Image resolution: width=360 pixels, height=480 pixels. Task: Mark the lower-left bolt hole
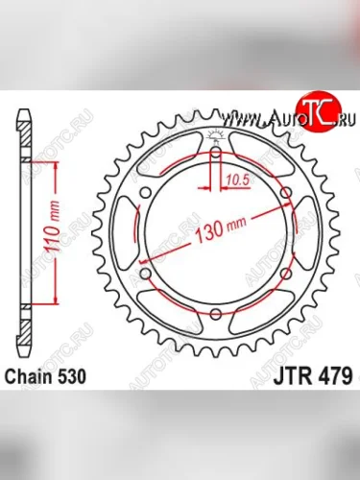coord(143,275)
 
